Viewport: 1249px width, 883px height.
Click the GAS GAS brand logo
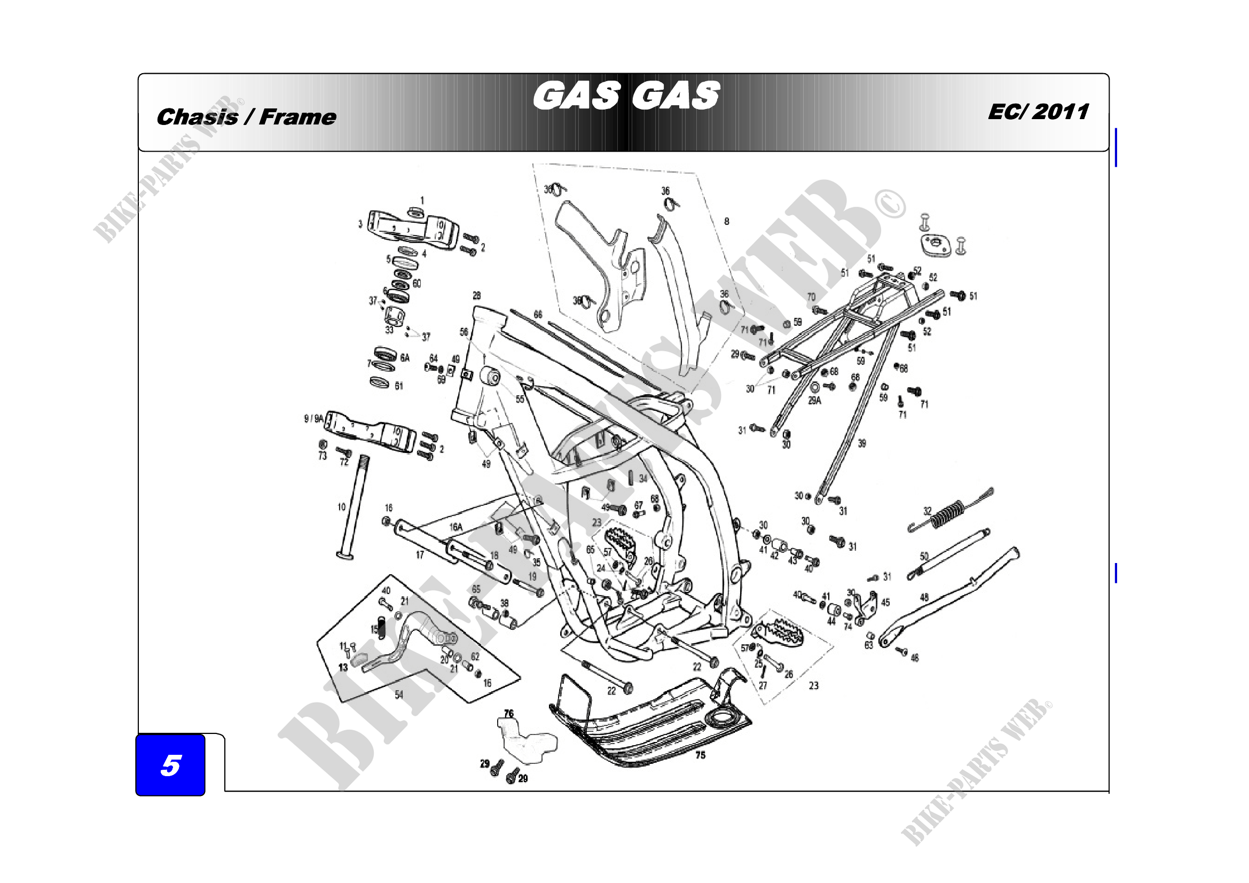tap(626, 96)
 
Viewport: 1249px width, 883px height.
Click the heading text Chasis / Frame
tap(246, 117)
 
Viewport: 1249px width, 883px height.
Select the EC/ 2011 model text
tap(1038, 112)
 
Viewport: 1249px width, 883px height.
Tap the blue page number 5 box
tap(170, 765)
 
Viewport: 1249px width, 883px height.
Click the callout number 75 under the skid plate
tap(700, 755)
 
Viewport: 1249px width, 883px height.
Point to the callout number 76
tap(509, 713)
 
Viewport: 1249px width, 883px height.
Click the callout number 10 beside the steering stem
tap(342, 506)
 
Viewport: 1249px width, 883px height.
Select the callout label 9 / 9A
tap(313, 418)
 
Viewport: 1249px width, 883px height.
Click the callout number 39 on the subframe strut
tap(862, 443)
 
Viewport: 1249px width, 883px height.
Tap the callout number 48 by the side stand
tap(924, 597)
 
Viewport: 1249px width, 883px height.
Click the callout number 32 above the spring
tap(928, 511)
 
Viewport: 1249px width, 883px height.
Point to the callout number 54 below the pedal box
tap(399, 695)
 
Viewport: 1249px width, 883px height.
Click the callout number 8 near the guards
tap(726, 222)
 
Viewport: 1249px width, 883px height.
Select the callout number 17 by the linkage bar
tap(419, 555)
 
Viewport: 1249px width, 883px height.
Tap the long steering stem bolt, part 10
tap(355, 506)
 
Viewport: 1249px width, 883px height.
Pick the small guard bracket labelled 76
tap(528, 739)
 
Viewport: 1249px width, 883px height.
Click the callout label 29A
tap(814, 401)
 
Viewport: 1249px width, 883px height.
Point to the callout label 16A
tap(456, 527)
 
